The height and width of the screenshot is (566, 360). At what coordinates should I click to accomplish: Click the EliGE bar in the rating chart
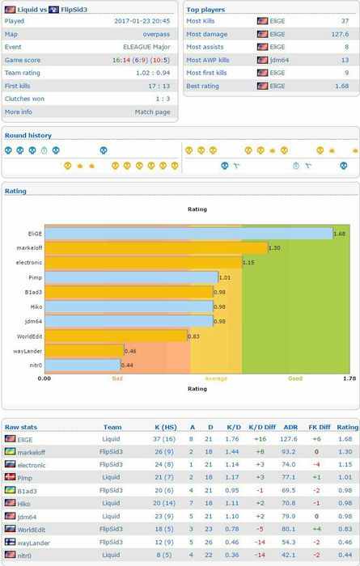(x=188, y=234)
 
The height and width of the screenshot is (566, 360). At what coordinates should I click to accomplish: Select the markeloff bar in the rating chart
(x=156, y=248)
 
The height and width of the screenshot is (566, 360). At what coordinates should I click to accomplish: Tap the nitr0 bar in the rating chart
(x=83, y=365)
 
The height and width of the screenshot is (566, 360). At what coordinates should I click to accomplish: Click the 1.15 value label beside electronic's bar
(x=248, y=263)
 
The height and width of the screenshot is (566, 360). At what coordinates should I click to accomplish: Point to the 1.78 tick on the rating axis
(x=349, y=378)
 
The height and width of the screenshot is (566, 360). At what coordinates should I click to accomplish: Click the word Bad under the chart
(x=117, y=378)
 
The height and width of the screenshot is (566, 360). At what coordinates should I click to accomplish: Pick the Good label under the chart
(x=295, y=378)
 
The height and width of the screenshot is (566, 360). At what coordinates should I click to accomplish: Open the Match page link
(x=152, y=112)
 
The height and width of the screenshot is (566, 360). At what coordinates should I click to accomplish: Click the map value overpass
(x=156, y=34)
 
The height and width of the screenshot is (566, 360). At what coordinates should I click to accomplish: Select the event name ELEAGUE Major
(x=146, y=47)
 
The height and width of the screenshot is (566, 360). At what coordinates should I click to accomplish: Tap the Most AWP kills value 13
(x=345, y=60)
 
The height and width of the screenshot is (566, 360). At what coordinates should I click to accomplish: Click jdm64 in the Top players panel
(x=279, y=60)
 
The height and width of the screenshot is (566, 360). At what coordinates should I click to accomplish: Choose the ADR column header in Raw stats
(x=290, y=427)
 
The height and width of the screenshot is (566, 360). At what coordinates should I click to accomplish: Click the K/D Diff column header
(x=262, y=427)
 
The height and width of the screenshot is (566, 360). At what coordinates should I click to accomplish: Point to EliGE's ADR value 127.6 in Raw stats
(x=289, y=439)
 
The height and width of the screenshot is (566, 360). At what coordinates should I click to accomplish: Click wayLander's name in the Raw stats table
(x=34, y=543)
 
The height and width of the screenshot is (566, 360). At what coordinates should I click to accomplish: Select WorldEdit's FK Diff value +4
(x=316, y=529)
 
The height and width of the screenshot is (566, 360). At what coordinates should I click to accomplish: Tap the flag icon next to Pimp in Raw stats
(x=10, y=477)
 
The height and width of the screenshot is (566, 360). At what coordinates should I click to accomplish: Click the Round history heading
(x=28, y=135)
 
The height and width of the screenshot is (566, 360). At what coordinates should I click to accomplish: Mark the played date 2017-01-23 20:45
(x=142, y=21)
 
